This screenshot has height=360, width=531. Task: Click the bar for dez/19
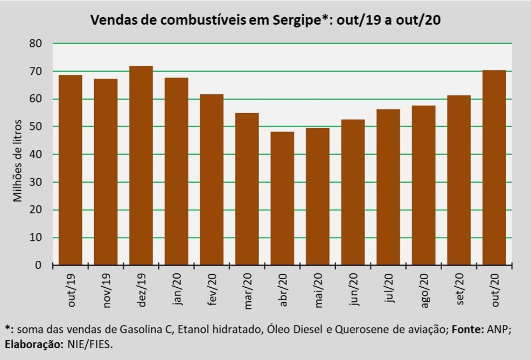coord(141,165)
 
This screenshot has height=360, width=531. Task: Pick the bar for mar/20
coord(247,189)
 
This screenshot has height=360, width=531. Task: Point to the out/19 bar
coord(71,170)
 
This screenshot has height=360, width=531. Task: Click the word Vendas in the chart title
coord(111,20)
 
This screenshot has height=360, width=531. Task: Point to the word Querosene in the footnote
coord(358,330)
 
